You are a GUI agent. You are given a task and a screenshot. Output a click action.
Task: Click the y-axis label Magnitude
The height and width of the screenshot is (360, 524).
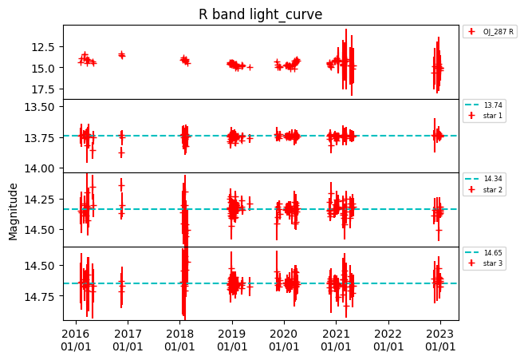pos(13,211)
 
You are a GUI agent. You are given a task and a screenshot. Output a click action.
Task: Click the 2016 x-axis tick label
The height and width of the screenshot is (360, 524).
pos(76,340)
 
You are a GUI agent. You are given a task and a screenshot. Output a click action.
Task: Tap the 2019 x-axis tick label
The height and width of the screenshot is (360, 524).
pos(232,340)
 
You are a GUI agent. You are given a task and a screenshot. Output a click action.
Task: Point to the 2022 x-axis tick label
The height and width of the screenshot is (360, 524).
pos(388,340)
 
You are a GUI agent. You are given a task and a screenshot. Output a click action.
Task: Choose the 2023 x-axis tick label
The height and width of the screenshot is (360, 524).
pos(440,340)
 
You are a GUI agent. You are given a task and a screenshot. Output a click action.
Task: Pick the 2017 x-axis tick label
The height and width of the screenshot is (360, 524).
pos(128,340)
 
